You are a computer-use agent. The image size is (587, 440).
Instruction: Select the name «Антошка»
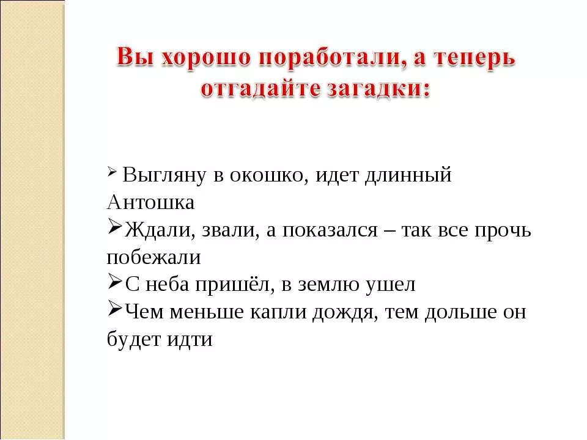tap(150, 202)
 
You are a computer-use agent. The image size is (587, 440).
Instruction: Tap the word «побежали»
tap(153, 257)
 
